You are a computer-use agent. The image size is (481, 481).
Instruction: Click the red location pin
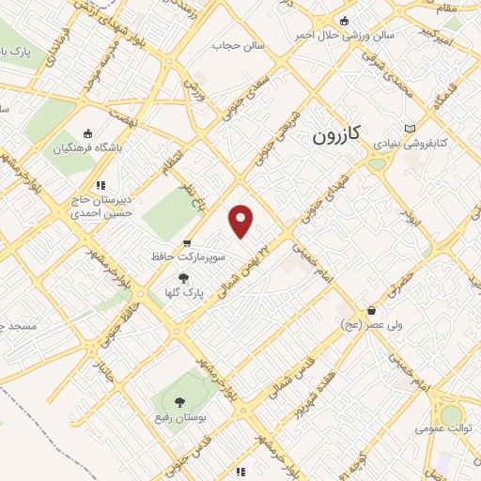[x=242, y=221]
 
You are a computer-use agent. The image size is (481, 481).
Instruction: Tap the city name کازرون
[x=343, y=135]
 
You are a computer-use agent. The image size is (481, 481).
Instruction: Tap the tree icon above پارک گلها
[x=183, y=277]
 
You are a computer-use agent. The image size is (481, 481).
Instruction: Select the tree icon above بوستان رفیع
[x=179, y=400]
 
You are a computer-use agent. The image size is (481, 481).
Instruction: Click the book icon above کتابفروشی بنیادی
[x=408, y=128]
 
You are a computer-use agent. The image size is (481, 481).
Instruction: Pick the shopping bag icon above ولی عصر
[x=372, y=309]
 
